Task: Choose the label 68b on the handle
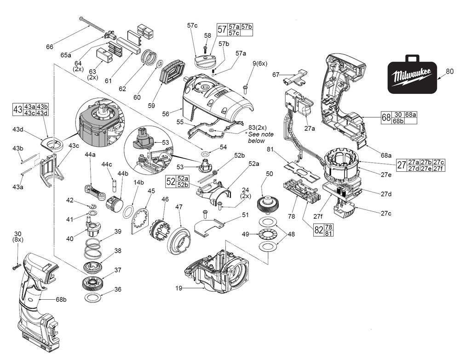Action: pyautogui.click(x=61, y=300)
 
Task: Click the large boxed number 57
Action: pyautogui.click(x=223, y=30)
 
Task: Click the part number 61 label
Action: pyautogui.click(x=109, y=81)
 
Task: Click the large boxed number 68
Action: pyautogui.click(x=386, y=117)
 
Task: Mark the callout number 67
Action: pyautogui.click(x=276, y=75)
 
